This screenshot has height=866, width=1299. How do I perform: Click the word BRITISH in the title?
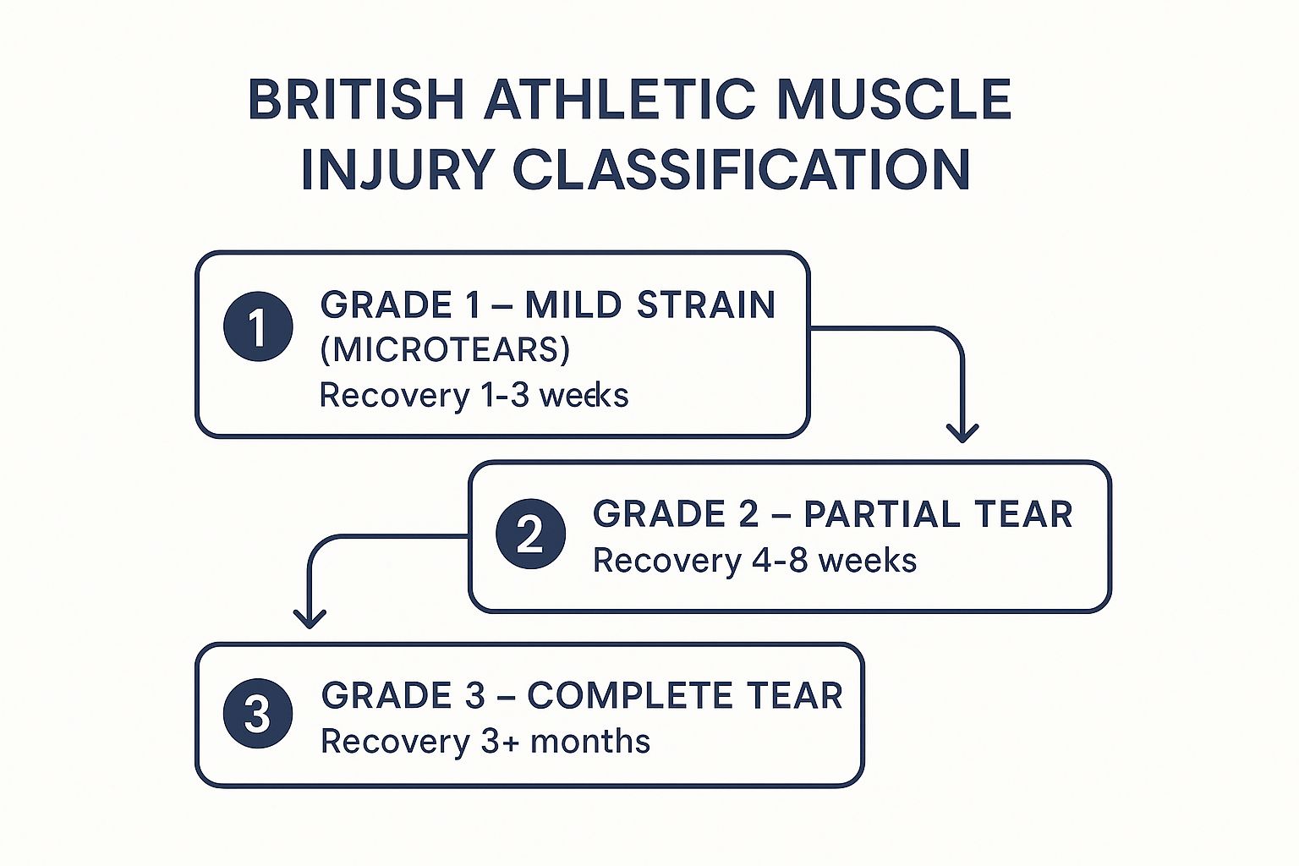tap(356, 100)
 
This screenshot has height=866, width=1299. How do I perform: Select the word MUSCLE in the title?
tap(894, 100)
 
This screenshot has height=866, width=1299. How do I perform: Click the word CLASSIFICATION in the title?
tap(742, 169)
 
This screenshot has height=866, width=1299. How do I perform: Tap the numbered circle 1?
tap(258, 326)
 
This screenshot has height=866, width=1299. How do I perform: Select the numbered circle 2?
tap(530, 534)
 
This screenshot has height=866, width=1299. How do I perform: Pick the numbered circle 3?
tap(258, 713)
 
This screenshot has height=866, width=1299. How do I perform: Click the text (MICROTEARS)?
tap(445, 349)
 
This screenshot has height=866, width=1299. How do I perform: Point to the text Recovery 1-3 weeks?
tap(474, 395)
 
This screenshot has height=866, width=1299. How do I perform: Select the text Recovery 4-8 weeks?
tap(754, 561)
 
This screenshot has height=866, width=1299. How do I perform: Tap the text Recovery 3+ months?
tap(485, 742)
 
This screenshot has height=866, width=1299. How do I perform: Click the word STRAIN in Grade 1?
tap(706, 305)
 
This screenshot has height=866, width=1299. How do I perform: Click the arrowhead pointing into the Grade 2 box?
tap(962, 433)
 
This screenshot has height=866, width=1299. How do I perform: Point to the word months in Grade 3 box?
tap(590, 742)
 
